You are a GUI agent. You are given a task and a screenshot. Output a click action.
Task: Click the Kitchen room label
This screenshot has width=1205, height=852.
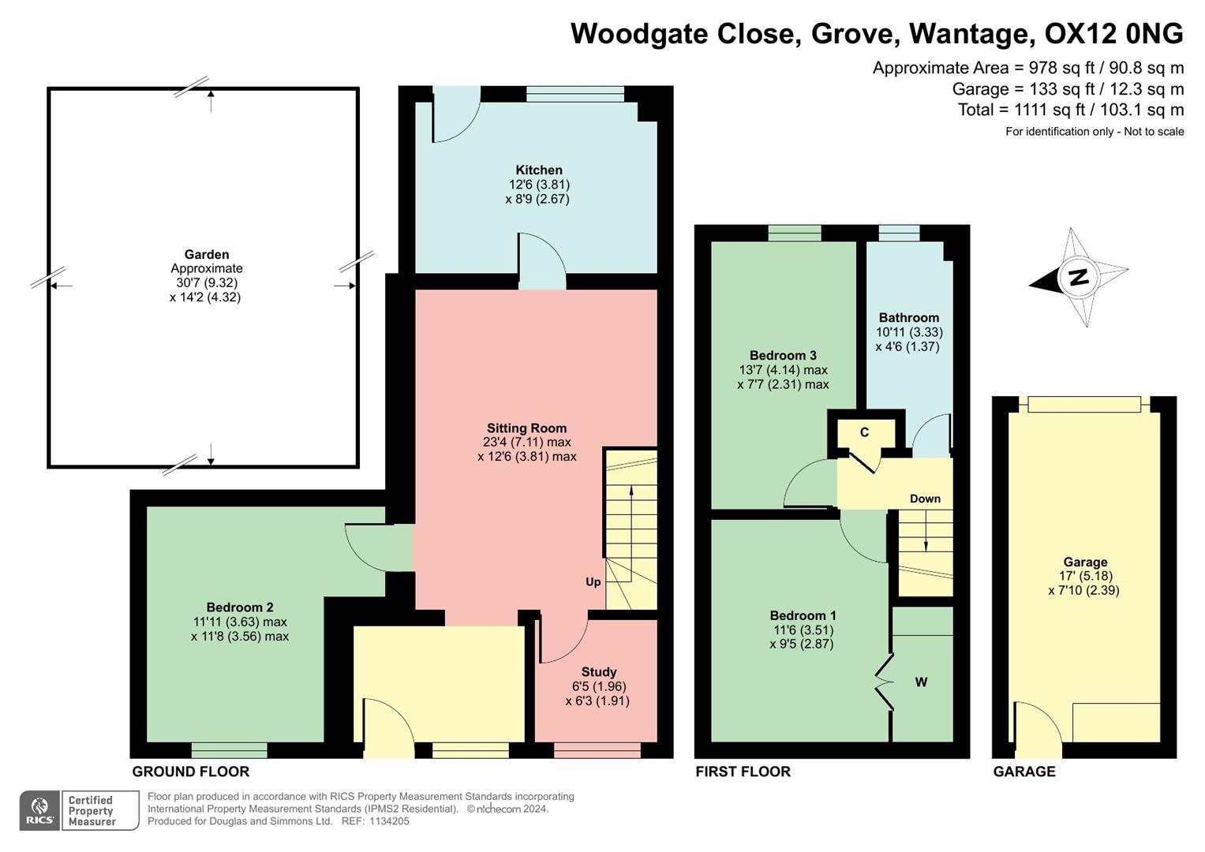[x=539, y=170]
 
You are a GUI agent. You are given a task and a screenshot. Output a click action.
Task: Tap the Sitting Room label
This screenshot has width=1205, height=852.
[x=526, y=428]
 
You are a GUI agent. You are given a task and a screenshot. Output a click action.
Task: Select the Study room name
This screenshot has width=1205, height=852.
[x=599, y=672]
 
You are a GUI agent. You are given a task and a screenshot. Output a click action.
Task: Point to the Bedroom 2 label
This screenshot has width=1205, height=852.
[x=240, y=607]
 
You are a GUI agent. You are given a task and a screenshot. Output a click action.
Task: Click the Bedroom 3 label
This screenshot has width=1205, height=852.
[x=783, y=356]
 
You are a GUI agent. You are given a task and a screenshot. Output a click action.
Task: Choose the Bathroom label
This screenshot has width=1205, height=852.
[x=909, y=318]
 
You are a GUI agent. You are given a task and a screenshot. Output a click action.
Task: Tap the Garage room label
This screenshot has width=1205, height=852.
[x=1085, y=562]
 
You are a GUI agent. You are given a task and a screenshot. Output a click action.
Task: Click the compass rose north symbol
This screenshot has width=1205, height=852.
[x=1079, y=277]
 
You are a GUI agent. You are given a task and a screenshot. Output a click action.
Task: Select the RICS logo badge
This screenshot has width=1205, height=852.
[x=39, y=810]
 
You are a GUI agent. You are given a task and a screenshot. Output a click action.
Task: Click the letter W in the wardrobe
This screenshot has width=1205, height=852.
[x=921, y=682]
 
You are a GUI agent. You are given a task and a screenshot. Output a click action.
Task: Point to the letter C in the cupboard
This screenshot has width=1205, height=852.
[x=864, y=432]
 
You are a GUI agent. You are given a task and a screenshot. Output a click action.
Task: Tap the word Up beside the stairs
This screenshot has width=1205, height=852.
[x=593, y=582]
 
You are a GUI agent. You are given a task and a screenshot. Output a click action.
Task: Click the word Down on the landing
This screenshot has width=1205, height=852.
[x=925, y=499]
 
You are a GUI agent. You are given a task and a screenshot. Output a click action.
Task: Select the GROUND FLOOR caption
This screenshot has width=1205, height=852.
[x=190, y=772]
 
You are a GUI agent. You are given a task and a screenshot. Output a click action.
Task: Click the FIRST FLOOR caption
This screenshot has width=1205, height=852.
[x=743, y=772]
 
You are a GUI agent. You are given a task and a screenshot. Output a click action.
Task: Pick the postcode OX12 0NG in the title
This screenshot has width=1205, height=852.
[x=1113, y=34]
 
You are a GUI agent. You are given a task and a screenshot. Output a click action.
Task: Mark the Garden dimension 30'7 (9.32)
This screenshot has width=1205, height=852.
[x=207, y=283]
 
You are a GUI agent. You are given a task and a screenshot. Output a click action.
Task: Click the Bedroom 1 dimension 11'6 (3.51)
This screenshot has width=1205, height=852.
[x=803, y=630]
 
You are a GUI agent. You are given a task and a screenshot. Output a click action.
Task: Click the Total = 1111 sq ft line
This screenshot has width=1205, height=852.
[x=1070, y=110]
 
